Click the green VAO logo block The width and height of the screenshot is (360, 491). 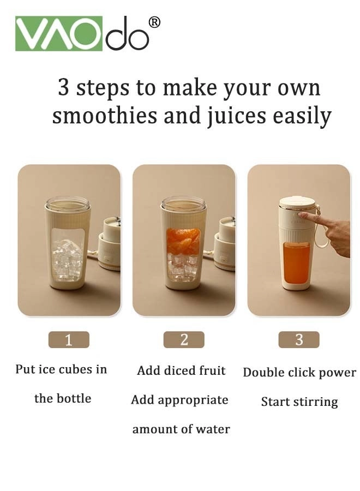58,33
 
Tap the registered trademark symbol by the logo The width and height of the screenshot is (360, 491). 154,22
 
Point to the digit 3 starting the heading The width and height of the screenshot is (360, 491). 64,88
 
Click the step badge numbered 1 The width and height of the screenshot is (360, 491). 69,340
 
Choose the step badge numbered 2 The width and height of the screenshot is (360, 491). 184,340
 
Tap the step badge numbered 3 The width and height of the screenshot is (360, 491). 299,339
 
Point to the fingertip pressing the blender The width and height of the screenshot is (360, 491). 302,215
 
